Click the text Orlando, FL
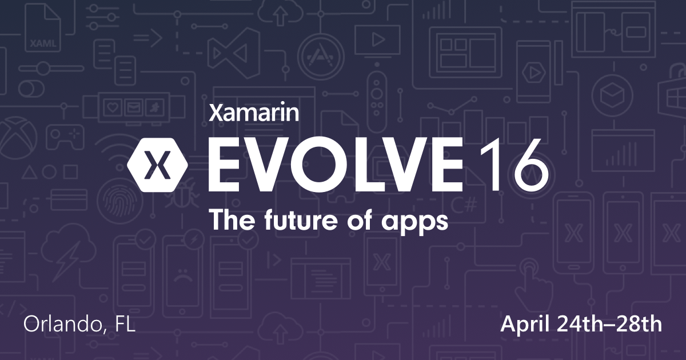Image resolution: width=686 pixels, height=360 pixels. (79, 325)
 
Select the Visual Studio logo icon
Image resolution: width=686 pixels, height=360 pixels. (228, 54)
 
